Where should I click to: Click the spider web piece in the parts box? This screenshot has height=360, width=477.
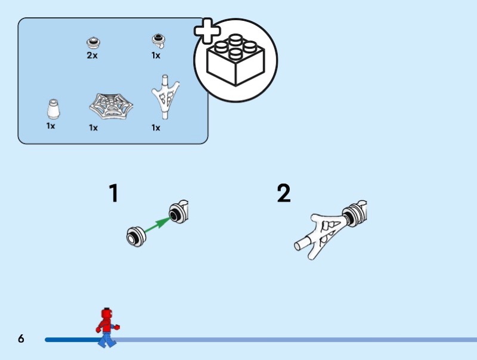(111, 106)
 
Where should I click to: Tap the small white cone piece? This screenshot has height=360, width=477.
(53, 109)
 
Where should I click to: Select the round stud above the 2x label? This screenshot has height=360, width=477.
(94, 42)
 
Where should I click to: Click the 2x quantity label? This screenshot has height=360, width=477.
(92, 55)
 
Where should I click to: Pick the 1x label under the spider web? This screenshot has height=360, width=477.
(94, 128)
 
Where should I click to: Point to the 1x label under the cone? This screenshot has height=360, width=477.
(51, 126)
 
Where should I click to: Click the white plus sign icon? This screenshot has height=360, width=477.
(207, 31)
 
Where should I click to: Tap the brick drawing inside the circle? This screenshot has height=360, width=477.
(236, 60)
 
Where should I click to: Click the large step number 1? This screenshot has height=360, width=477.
(114, 193)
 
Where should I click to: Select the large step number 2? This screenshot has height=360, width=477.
(284, 193)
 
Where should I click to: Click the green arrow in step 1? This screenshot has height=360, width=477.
(157, 225)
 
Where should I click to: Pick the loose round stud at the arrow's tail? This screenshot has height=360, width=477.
(137, 237)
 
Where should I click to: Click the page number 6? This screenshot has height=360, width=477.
(21, 339)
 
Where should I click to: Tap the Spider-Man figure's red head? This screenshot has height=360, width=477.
(107, 314)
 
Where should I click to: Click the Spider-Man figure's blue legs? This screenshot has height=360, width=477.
(107, 339)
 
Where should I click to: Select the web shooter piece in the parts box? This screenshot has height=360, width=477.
(165, 97)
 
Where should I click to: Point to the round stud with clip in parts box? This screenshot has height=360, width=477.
(159, 41)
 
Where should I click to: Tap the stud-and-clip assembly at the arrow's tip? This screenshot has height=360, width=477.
(179, 212)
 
